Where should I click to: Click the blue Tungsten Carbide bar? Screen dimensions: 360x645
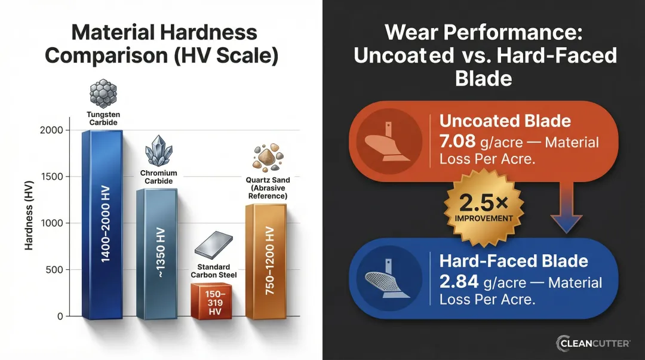coord(102,227)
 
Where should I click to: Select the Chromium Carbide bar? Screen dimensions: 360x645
coord(156,254)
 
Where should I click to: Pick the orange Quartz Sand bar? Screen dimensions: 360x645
coord(266,263)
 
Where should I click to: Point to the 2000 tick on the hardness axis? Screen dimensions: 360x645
coord(54,130)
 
